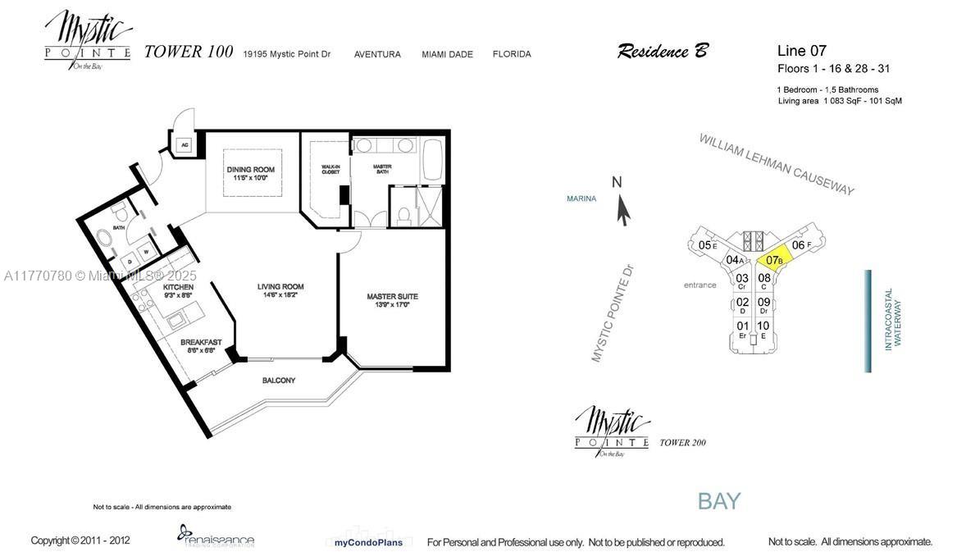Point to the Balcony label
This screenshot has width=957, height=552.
[279, 381]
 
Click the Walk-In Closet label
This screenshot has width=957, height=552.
[330, 170]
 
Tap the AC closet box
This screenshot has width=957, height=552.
[185, 145]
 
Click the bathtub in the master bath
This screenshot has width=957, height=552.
[431, 161]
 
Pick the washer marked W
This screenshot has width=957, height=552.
[147, 252]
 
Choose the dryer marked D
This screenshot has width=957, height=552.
[130, 262]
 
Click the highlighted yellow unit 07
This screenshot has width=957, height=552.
[773, 259]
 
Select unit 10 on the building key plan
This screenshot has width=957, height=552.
[763, 326]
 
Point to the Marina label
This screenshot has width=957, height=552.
[581, 198]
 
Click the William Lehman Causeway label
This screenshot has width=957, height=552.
[776, 164]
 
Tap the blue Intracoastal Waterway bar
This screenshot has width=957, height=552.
[868, 321]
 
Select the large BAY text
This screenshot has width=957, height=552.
[719, 500]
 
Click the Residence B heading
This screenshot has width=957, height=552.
[662, 52]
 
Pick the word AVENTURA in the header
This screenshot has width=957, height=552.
[377, 54]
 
